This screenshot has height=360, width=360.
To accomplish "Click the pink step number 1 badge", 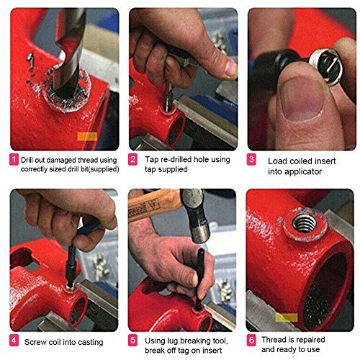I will [x=14, y=158].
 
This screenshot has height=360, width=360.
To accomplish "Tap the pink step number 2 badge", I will [x=132, y=158].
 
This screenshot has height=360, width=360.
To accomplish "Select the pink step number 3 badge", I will [x=252, y=159].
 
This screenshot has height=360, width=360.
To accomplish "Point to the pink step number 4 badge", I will [x=14, y=340].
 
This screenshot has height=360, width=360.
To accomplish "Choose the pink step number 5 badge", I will [x=132, y=340].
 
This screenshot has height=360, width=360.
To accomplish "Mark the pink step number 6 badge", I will [x=252, y=340].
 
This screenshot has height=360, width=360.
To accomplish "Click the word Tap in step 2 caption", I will [x=148, y=158].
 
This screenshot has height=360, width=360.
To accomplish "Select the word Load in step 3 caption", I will [x=277, y=161].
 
